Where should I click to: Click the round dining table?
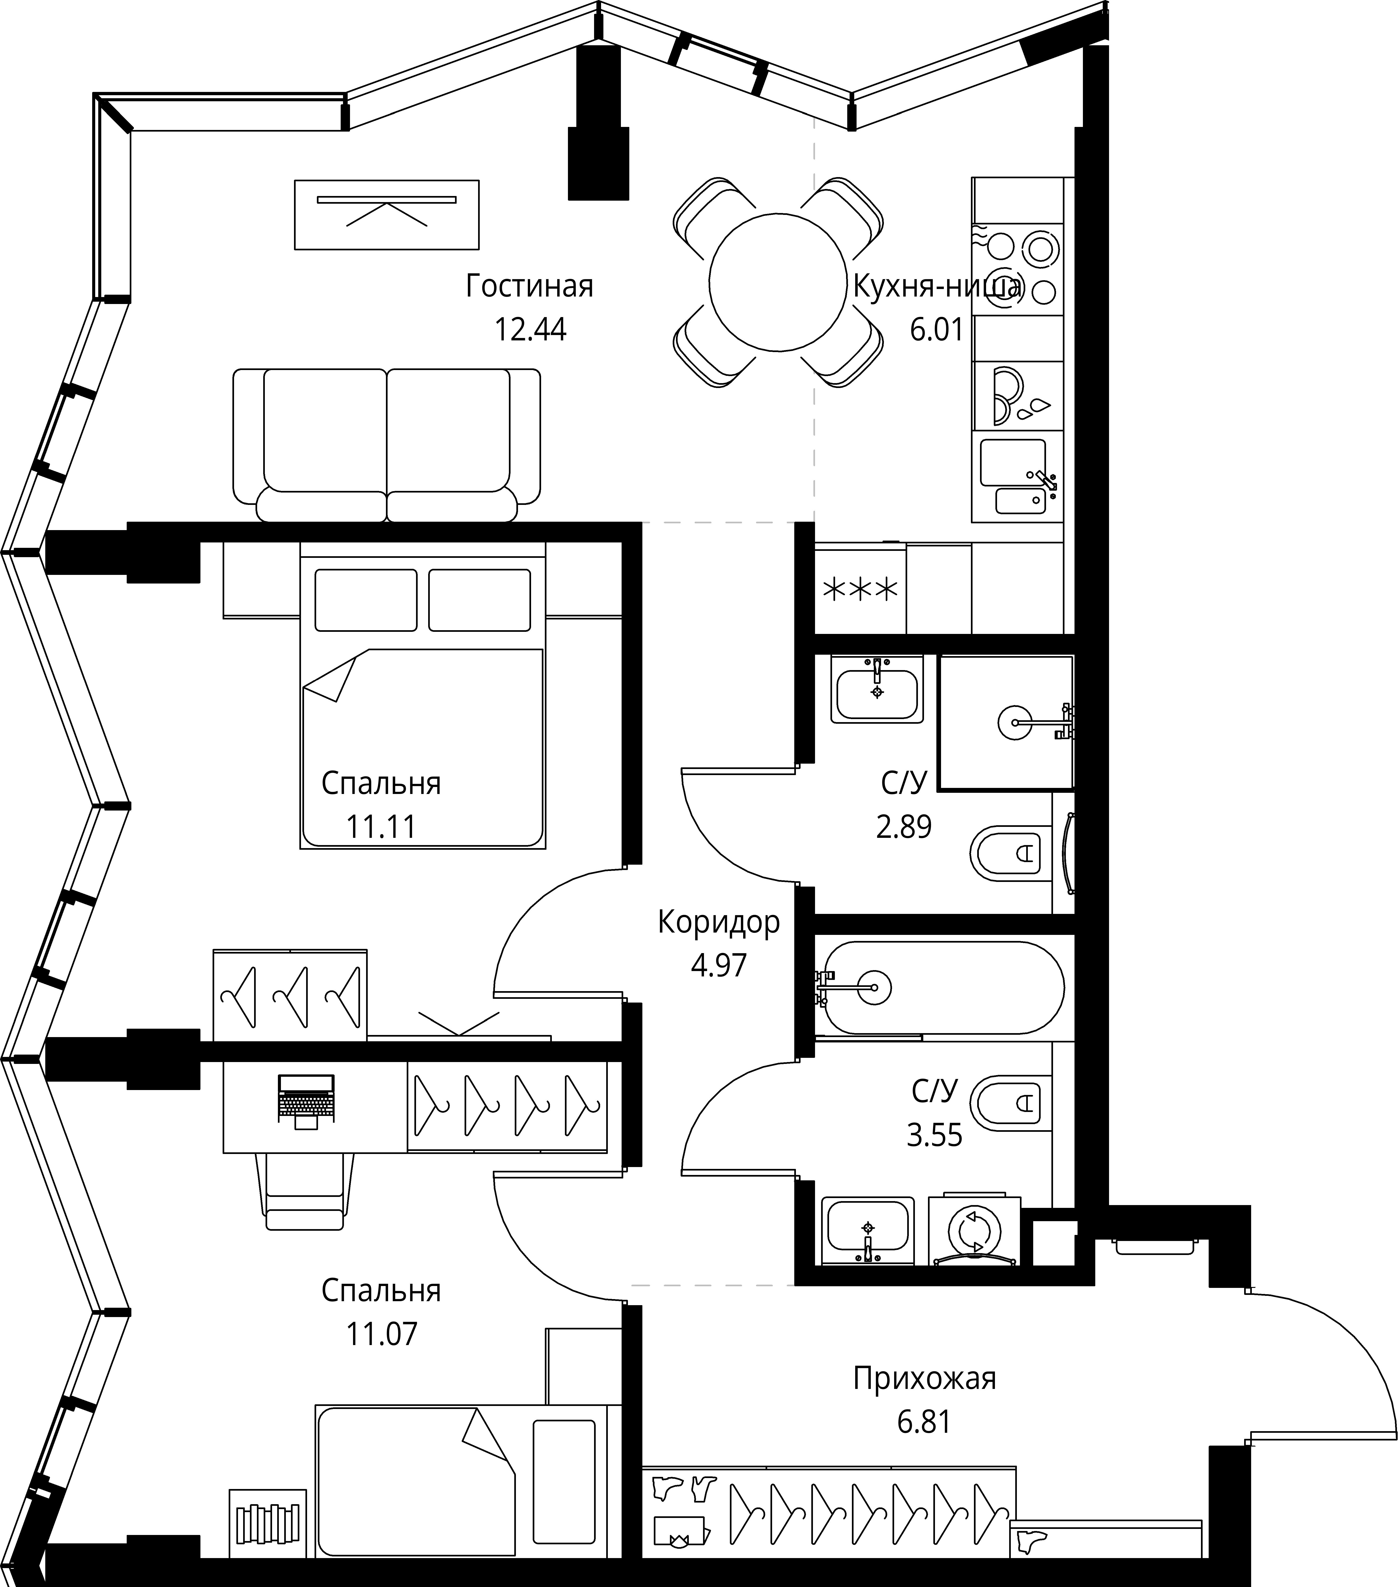(777, 283)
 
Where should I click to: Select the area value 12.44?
(530, 330)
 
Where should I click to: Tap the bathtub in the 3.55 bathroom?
(940, 988)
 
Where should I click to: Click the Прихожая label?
(924, 1379)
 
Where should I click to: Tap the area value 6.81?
(924, 1423)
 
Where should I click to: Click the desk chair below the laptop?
(304, 1190)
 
